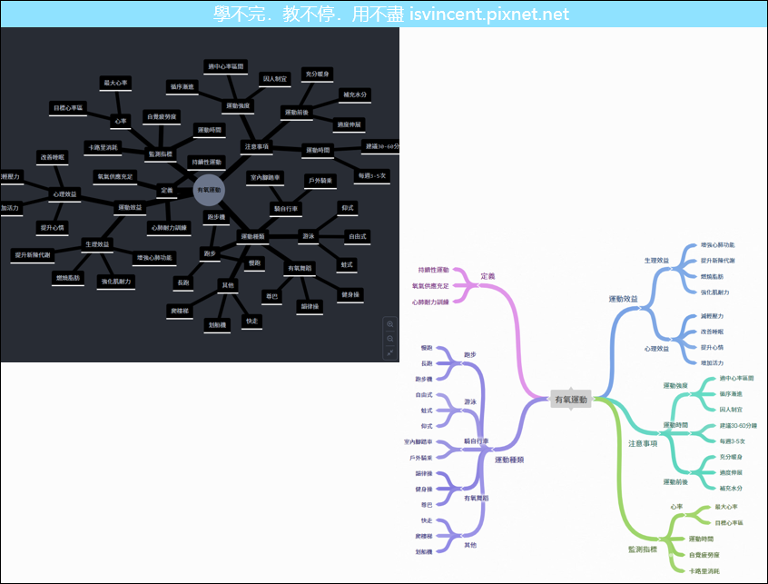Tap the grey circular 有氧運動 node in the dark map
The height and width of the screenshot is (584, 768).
pyautogui.click(x=209, y=190)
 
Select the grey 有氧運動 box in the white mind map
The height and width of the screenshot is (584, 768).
pyautogui.click(x=571, y=400)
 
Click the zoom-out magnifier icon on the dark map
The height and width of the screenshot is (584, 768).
pyautogui.click(x=390, y=338)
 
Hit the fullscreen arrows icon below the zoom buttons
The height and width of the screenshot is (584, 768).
pyautogui.click(x=390, y=351)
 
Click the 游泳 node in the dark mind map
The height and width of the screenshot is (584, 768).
pyautogui.click(x=308, y=236)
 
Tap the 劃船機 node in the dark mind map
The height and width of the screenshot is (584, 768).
pyautogui.click(x=217, y=324)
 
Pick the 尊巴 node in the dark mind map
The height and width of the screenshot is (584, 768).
pyautogui.click(x=271, y=296)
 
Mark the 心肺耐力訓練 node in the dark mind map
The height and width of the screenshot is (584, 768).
pyautogui.click(x=169, y=228)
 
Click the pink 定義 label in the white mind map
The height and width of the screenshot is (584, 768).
pyautogui.click(x=487, y=276)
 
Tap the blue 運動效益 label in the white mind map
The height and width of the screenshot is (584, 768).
pyautogui.click(x=623, y=299)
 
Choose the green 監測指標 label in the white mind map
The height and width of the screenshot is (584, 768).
pyautogui.click(x=642, y=549)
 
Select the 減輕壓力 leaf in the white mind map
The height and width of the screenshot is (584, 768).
pyautogui.click(x=713, y=316)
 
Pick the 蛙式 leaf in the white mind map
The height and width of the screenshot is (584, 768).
pyautogui.click(x=424, y=411)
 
